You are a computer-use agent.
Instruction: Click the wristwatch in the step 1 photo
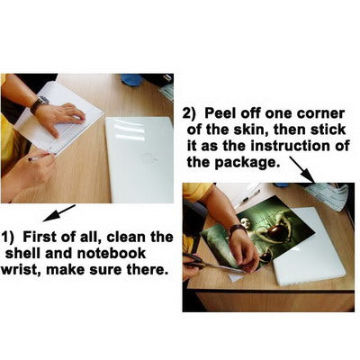[39, 103]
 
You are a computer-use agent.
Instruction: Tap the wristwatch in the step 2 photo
[238, 229]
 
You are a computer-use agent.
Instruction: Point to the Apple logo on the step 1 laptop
[149, 158]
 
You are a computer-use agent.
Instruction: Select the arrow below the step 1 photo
[59, 213]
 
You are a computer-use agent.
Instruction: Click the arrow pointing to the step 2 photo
[301, 170]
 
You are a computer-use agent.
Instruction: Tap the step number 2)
[189, 114]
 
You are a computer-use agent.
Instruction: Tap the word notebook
[112, 254]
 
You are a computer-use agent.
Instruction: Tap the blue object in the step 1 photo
[131, 80]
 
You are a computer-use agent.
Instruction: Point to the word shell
[23, 254]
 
